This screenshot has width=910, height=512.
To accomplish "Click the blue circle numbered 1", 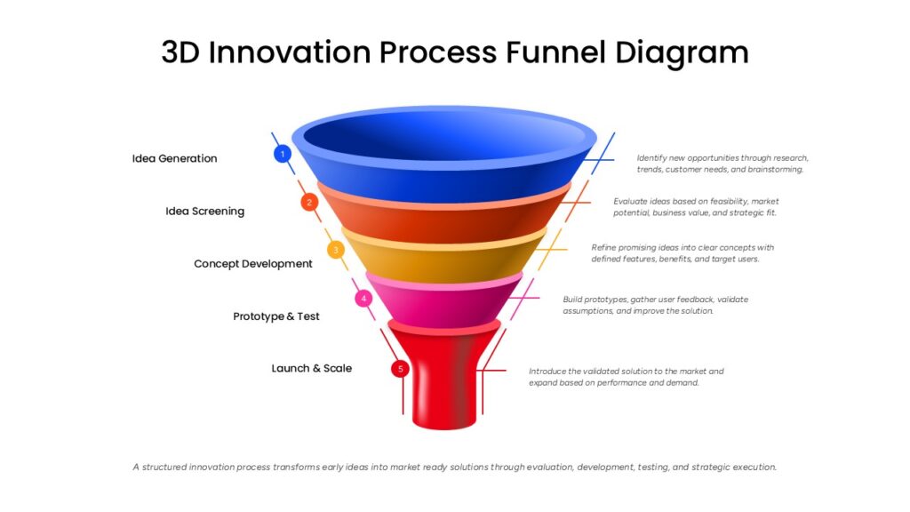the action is pos(283,154).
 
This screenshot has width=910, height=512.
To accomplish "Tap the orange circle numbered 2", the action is pos(309,202).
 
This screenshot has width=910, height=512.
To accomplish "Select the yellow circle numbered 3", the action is pos(335,250).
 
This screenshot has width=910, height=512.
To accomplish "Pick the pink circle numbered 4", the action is pos(363,299).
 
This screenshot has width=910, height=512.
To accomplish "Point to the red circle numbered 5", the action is pos(400,369).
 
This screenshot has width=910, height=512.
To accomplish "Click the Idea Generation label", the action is pos(175,158).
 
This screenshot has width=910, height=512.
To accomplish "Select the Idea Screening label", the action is pos(205,212).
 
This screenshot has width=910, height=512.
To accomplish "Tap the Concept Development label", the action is pos(253,263).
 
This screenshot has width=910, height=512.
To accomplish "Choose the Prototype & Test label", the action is pos(276,316).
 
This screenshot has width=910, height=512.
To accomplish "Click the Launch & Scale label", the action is pos(312,368).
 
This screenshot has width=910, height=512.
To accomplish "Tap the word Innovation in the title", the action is pos(290,52).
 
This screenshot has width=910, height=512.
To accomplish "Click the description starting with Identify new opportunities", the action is pos(722,164).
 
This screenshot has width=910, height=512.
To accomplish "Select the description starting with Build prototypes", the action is pos(655,306).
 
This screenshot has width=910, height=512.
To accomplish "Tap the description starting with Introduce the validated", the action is pos(627,377).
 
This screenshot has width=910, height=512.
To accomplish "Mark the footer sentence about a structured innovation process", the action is pos(454,467).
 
